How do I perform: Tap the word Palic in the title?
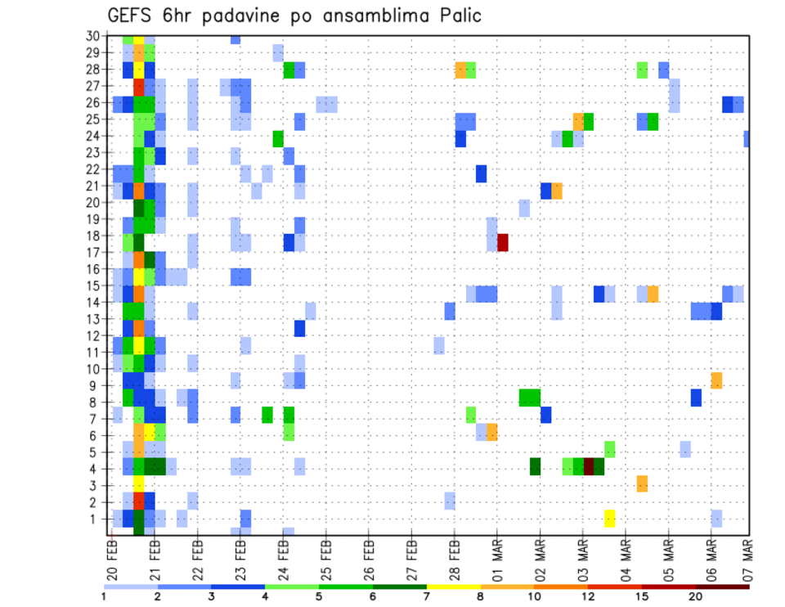click(457, 16)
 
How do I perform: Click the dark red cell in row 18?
click(503, 243)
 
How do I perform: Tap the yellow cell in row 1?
click(610, 519)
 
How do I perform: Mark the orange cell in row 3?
click(642, 483)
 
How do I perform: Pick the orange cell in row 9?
click(716, 380)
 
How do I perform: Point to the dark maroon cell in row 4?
click(589, 466)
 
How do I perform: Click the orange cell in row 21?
click(557, 191)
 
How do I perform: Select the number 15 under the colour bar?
click(642, 596)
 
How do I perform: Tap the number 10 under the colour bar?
click(535, 596)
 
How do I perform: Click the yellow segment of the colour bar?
click(454, 586)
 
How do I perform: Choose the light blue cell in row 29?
click(278, 53)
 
